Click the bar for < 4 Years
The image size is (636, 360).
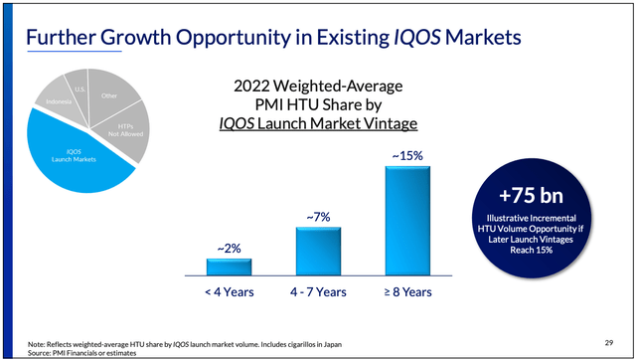(x=229, y=266)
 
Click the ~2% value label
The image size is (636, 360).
(x=229, y=247)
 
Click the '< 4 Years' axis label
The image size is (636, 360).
(x=229, y=292)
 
